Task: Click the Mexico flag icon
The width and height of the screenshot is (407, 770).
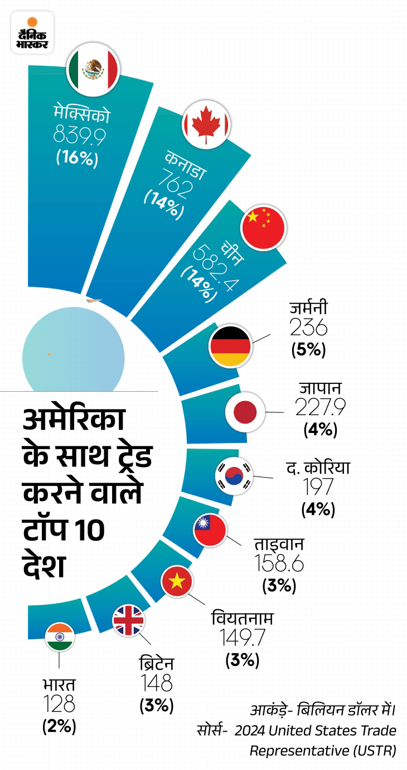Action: (x=93, y=69)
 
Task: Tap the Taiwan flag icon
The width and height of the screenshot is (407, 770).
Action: (x=209, y=529)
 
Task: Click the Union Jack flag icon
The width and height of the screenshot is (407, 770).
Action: (x=129, y=620)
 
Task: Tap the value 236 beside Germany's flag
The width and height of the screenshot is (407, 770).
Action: (x=308, y=328)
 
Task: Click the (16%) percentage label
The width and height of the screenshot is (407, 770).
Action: (x=77, y=158)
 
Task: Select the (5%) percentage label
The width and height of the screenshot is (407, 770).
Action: (x=308, y=350)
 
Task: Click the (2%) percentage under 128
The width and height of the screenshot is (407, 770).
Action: (x=59, y=727)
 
